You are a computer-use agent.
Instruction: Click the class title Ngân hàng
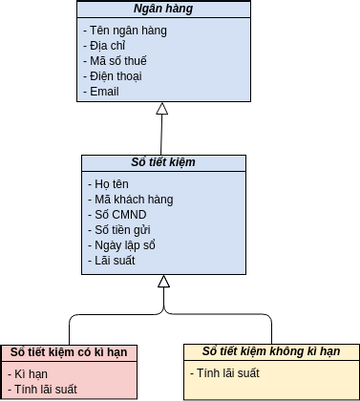[x=163, y=10]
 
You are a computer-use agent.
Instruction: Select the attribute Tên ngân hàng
[x=125, y=31]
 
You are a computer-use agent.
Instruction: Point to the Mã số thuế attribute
[x=117, y=61]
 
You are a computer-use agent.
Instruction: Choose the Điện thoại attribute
[x=115, y=76]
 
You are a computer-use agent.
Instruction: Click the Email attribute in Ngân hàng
[x=103, y=91]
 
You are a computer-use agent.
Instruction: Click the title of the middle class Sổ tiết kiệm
[x=163, y=163]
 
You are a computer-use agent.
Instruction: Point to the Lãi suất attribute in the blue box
[x=111, y=260]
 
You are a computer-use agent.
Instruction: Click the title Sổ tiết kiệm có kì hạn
[x=69, y=352]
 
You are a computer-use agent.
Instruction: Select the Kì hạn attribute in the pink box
[x=31, y=374]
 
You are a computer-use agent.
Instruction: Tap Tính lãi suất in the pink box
[x=44, y=389]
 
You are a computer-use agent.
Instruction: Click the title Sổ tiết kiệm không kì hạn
[x=271, y=352]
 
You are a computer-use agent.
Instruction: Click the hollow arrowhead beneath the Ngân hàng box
[x=162, y=108]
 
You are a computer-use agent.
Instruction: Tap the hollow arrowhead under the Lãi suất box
[x=163, y=281]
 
